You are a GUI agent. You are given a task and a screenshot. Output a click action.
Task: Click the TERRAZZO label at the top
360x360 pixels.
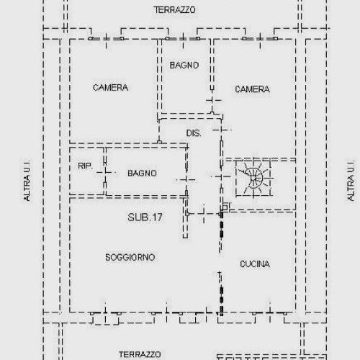tap(175, 10)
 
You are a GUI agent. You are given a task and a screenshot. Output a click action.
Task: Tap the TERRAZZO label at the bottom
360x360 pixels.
tap(140, 354)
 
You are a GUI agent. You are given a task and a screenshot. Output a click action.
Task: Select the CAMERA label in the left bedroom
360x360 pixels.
tap(110, 88)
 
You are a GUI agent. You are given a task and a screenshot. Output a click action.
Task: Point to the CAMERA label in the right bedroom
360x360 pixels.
tap(252, 89)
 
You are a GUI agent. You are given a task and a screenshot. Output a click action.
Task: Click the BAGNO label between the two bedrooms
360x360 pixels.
tap(184, 66)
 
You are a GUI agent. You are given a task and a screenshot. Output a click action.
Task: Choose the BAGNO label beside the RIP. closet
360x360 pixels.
tap(142, 173)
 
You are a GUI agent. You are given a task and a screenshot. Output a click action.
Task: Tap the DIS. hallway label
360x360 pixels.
tap(194, 134)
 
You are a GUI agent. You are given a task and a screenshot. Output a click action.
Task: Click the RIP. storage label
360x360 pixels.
tap(85, 166)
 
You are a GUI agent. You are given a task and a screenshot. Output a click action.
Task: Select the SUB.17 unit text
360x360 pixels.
tap(145, 216)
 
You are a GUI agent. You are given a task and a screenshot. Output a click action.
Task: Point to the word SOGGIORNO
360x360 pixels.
tap(130, 257)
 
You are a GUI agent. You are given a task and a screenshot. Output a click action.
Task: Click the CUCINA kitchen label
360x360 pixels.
tap(255, 264)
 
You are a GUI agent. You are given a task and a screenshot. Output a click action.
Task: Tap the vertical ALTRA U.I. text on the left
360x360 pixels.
tap(27, 180)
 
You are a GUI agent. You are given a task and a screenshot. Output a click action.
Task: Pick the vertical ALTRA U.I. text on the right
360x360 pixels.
tap(351, 180)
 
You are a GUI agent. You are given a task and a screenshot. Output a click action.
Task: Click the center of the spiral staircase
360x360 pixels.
tap(253, 177)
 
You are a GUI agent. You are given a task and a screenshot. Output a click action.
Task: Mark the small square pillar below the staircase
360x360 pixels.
tap(224, 207)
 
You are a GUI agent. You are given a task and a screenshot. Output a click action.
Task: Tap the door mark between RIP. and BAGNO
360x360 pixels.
tap(105, 173)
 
